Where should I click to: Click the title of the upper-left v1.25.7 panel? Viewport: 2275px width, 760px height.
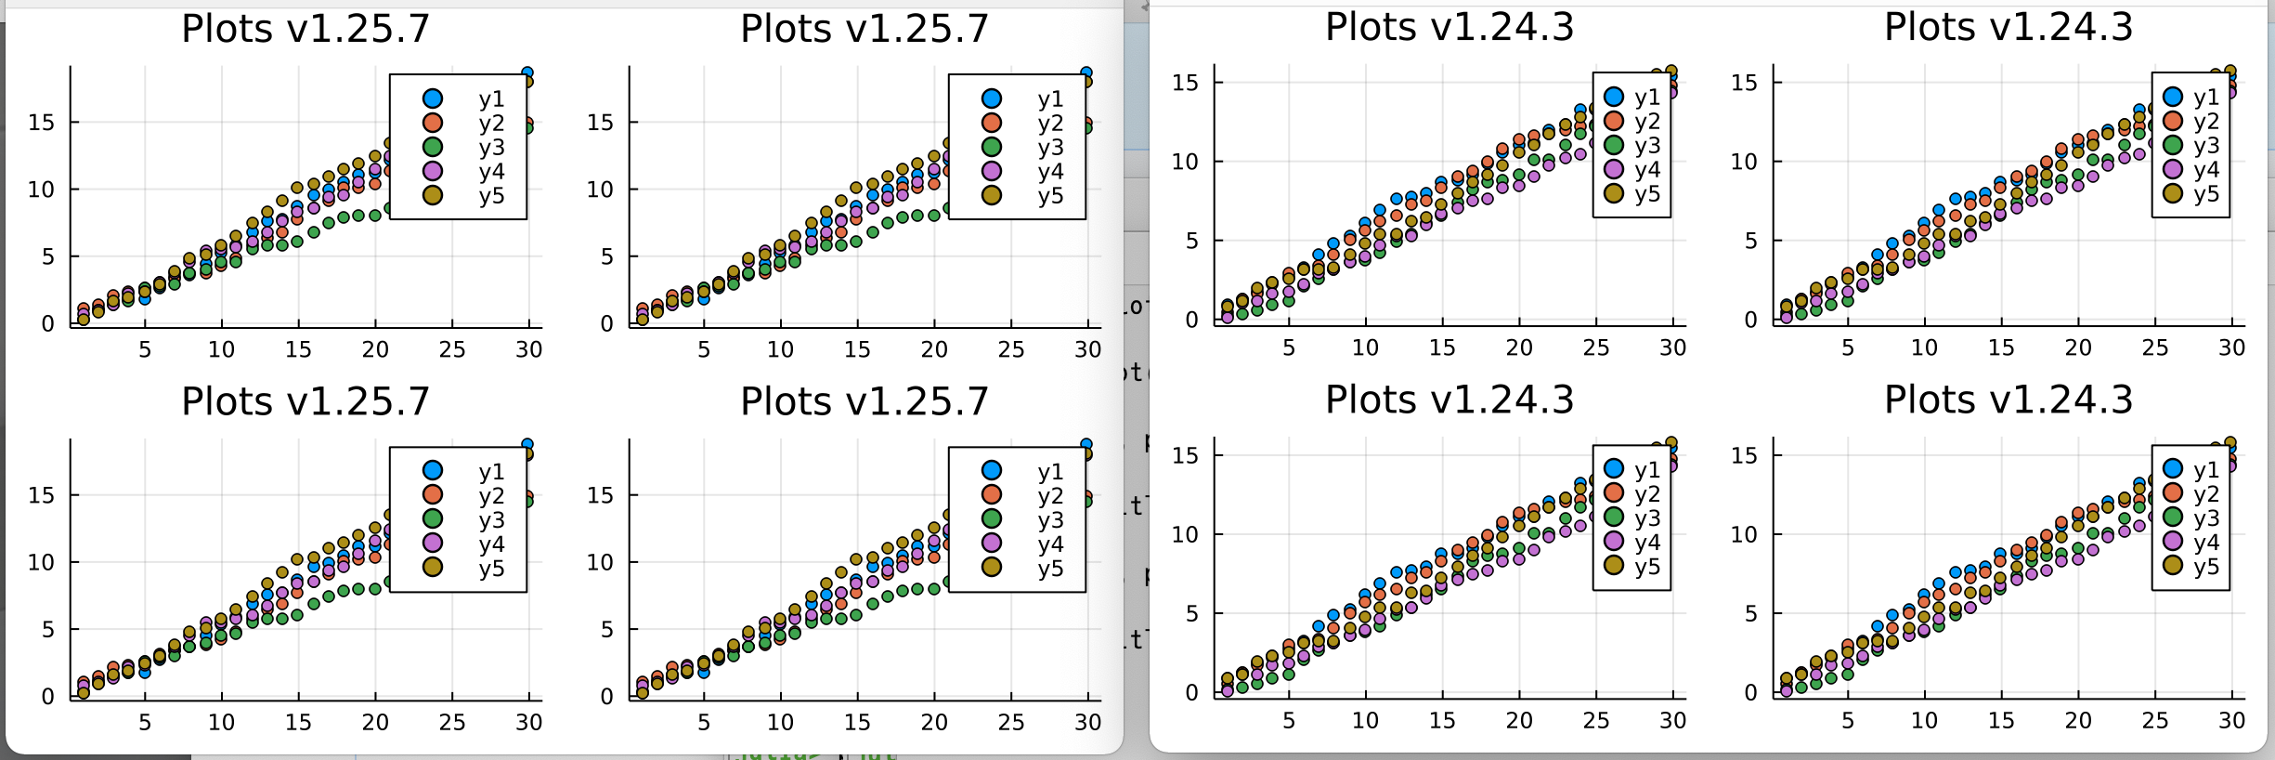(x=305, y=29)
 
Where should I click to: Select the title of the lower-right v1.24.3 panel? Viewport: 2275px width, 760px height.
(x=2008, y=400)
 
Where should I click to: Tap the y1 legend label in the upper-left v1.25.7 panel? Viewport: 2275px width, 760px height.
(x=491, y=98)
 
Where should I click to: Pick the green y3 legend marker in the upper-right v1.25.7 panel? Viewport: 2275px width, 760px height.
(x=992, y=147)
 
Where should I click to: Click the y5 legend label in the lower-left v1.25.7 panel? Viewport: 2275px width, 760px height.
(x=491, y=568)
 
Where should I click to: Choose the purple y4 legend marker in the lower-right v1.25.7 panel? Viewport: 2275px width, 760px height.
(x=992, y=544)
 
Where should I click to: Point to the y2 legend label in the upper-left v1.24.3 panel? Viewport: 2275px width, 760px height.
(x=1647, y=121)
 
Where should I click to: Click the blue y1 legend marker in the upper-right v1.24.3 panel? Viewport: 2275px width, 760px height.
(x=2173, y=97)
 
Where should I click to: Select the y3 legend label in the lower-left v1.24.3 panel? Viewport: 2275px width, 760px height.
(x=1647, y=518)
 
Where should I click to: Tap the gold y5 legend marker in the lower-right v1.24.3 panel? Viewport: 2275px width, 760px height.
(x=2173, y=566)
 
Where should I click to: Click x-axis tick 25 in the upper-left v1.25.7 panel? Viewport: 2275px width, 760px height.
(x=452, y=349)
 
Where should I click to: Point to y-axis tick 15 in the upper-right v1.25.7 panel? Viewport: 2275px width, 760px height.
(x=601, y=123)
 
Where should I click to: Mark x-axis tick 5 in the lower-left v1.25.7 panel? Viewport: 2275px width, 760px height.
(x=145, y=722)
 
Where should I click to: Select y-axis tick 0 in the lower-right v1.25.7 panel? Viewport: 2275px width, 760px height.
(x=606, y=697)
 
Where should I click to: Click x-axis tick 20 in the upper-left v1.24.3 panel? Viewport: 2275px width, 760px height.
(x=1519, y=347)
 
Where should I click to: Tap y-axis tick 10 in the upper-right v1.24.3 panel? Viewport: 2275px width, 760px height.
(x=1744, y=162)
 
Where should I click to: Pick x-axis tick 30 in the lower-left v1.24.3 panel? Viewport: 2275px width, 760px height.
(x=1673, y=720)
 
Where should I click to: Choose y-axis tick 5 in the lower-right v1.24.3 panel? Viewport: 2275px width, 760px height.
(x=1750, y=613)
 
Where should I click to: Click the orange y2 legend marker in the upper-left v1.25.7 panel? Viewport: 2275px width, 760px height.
(x=433, y=123)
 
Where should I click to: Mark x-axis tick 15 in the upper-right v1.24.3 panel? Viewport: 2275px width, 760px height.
(x=2001, y=347)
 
